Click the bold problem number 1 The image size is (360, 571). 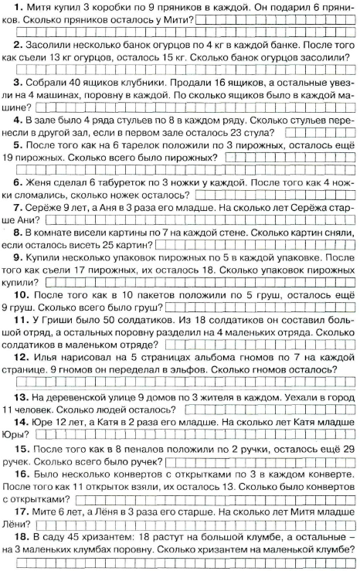(x=16, y=7)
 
